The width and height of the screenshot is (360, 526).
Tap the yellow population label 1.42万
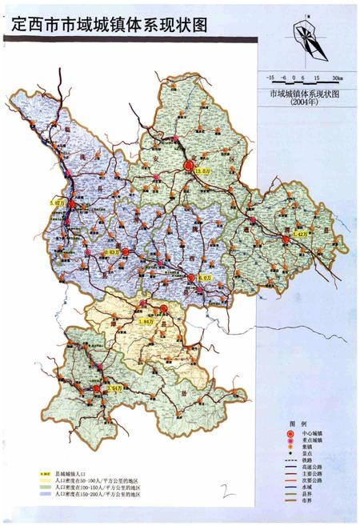pos(301,233)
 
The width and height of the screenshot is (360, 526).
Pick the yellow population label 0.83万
pos(112,253)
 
